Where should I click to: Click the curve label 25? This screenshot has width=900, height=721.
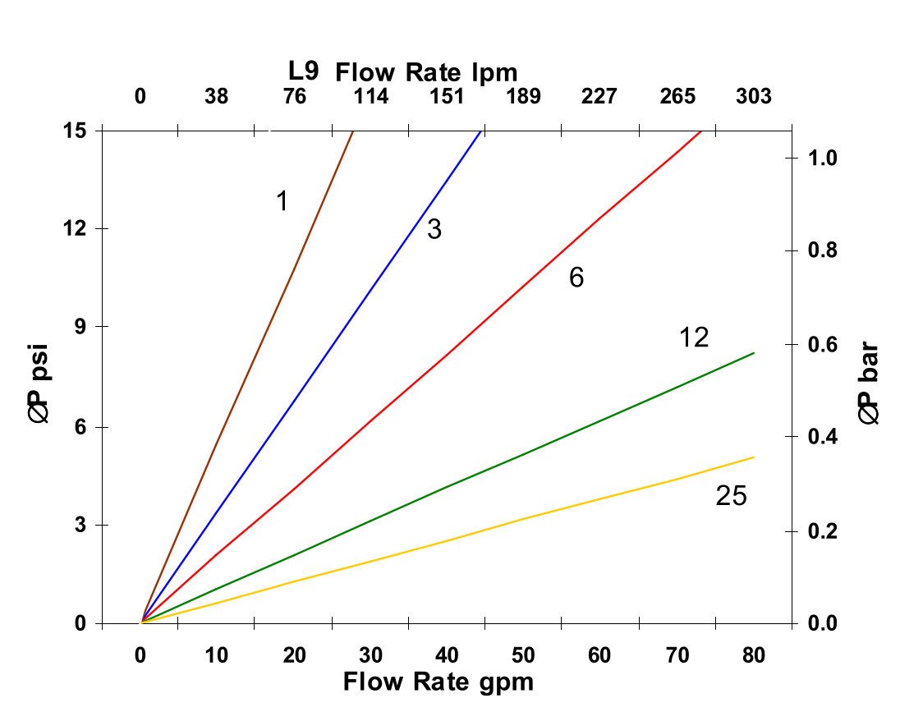(x=731, y=496)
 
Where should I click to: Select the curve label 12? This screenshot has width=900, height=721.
(x=694, y=338)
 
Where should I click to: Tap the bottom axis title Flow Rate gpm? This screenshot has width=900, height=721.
(x=438, y=682)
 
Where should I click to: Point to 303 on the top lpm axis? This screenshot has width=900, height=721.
(x=754, y=97)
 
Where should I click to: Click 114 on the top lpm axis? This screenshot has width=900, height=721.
(x=370, y=97)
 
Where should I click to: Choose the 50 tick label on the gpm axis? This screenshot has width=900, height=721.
(x=523, y=655)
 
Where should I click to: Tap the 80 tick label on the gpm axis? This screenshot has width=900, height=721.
(x=754, y=655)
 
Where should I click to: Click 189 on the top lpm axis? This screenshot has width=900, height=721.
(x=523, y=97)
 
